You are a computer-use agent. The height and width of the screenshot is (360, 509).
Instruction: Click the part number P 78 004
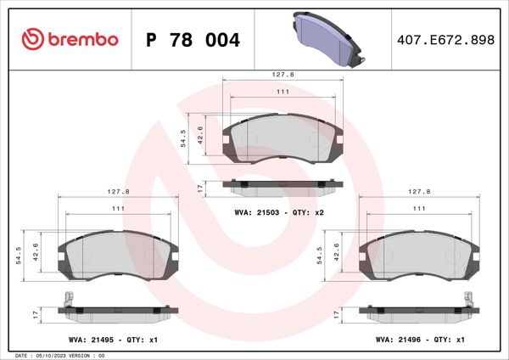[193, 40]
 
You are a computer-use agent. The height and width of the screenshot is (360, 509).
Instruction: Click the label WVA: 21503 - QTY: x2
[279, 211]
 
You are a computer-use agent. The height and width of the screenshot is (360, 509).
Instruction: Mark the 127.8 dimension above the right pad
[420, 192]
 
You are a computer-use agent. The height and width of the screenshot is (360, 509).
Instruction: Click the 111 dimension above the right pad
[420, 208]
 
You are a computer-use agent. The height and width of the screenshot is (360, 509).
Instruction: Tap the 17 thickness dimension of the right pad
[338, 313]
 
